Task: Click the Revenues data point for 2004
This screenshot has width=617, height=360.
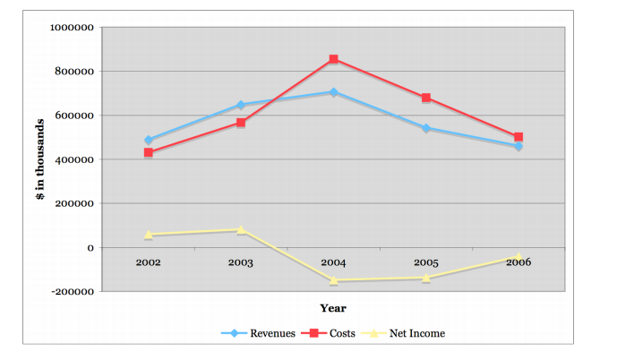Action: click(333, 92)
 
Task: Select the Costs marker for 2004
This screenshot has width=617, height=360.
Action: click(333, 59)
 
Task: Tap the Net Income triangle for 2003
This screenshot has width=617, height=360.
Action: click(241, 230)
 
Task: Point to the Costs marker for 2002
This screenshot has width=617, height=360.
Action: click(148, 153)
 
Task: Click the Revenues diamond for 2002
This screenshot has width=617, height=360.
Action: click(148, 141)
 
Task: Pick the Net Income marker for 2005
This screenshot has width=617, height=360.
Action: click(426, 278)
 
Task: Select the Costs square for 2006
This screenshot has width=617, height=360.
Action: click(518, 137)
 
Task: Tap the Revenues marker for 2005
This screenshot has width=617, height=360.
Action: click(426, 128)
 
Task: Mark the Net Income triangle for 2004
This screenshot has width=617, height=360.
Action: click(333, 280)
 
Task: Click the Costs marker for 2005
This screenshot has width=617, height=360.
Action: click(426, 98)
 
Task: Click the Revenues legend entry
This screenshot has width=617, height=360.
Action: click(259, 333)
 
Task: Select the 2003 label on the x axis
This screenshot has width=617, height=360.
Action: click(241, 262)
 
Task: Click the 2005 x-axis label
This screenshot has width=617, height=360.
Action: click(426, 262)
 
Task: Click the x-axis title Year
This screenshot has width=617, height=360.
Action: click(333, 309)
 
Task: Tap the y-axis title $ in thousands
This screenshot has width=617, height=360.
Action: click(41, 159)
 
